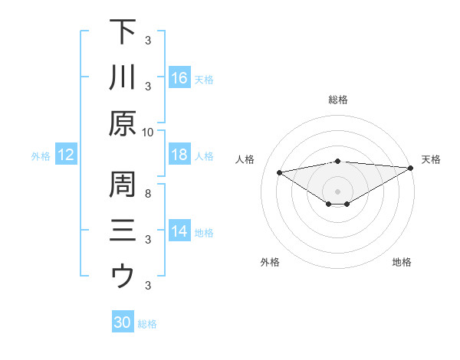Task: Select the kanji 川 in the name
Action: click(x=123, y=77)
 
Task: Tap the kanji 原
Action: click(x=123, y=123)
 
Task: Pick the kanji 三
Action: click(x=123, y=231)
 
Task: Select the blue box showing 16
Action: click(x=179, y=78)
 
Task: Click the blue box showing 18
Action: click(x=179, y=155)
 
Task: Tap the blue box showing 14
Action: click(x=179, y=232)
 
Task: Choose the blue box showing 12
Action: click(x=65, y=155)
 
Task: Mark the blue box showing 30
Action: click(x=122, y=323)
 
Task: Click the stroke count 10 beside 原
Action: click(x=148, y=132)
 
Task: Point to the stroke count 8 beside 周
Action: click(x=148, y=193)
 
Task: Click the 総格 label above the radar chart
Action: click(x=338, y=100)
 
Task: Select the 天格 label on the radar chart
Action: click(x=431, y=159)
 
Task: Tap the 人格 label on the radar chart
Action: click(x=245, y=159)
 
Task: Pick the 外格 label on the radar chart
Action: click(x=270, y=263)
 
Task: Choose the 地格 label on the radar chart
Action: click(x=402, y=263)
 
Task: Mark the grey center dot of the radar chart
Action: click(x=338, y=191)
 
